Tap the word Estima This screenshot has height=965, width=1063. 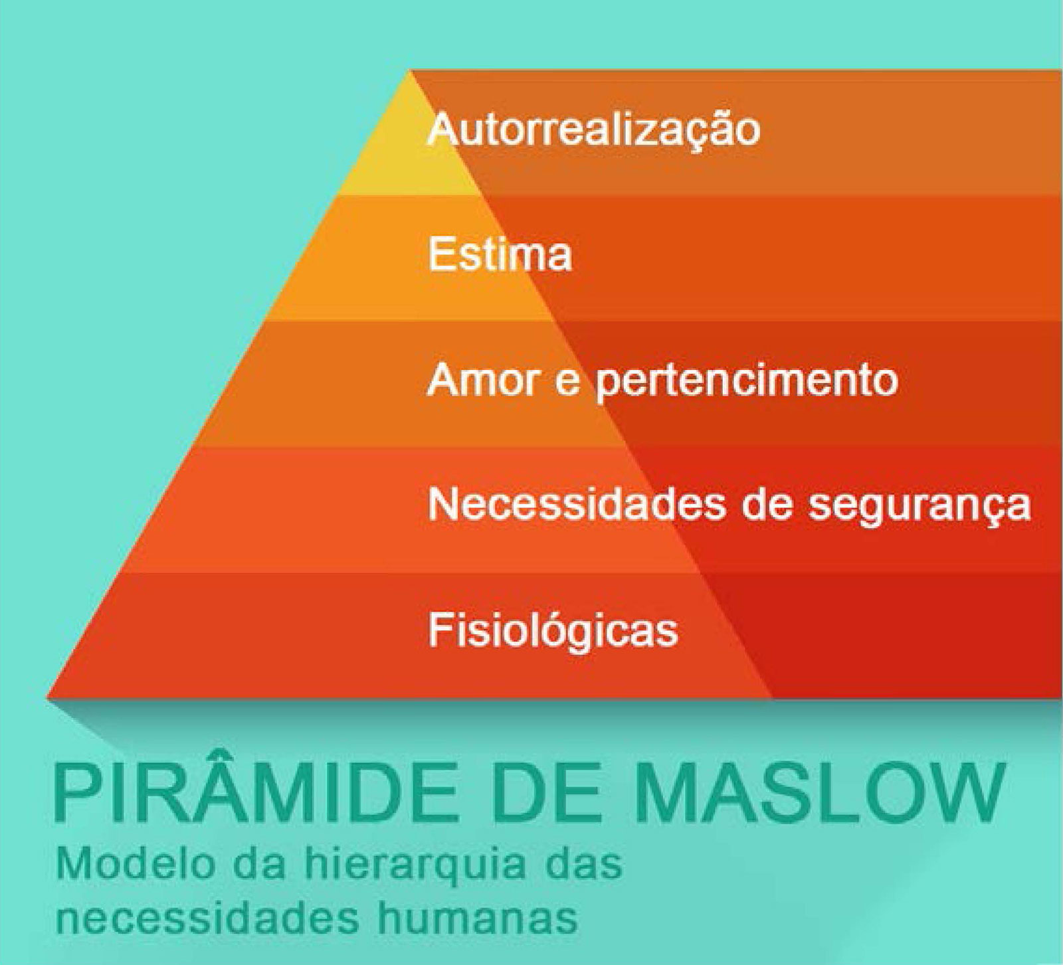(500, 254)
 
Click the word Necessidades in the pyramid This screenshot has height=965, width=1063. (575, 505)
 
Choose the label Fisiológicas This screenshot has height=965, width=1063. (553, 630)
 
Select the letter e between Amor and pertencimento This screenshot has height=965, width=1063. (568, 385)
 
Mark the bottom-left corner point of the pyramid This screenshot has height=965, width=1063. (47, 698)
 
